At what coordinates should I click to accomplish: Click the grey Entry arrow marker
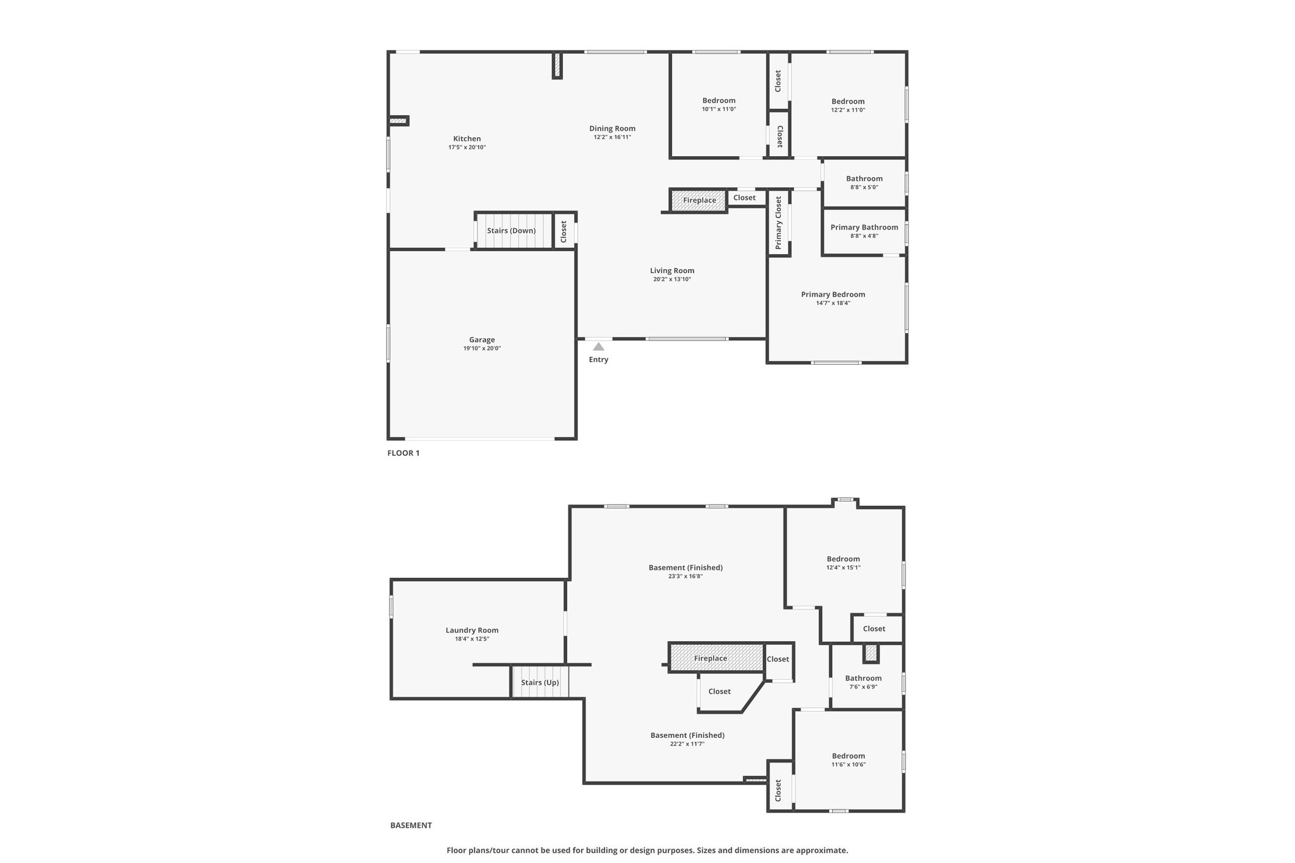pos(598,346)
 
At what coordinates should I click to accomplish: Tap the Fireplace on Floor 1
pos(699,200)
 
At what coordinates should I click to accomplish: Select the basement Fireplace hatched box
pos(716,658)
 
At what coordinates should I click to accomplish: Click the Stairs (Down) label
pos(511,231)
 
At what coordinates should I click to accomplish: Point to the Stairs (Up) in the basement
pos(540,682)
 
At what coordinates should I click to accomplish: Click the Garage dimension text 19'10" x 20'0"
pos(482,348)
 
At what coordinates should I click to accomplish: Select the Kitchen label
pos(467,138)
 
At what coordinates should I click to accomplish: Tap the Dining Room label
pos(612,128)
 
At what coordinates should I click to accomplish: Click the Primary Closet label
pos(778,222)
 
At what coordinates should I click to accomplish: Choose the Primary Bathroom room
pos(864,231)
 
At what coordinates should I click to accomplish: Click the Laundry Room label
pos(472,630)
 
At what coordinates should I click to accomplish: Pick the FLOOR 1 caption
pos(403,453)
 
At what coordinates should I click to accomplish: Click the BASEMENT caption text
pos(411,825)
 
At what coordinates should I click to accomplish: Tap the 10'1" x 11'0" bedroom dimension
pos(719,109)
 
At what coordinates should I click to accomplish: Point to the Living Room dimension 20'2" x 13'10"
pos(672,279)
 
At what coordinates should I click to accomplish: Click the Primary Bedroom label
pos(833,294)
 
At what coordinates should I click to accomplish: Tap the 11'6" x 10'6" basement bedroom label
pos(848,764)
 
